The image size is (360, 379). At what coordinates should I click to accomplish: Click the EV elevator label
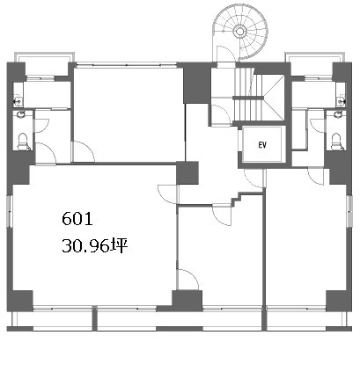[262, 145]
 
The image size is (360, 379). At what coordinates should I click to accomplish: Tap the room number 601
[77, 219]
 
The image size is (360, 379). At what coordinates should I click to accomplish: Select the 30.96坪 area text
[94, 245]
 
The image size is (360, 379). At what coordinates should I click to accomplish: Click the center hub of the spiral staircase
[239, 31]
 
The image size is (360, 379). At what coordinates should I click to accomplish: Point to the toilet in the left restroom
[22, 142]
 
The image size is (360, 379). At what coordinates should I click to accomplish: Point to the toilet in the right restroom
[336, 142]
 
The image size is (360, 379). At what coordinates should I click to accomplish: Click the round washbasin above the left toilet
[21, 113]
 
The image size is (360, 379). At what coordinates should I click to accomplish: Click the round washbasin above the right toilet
[338, 113]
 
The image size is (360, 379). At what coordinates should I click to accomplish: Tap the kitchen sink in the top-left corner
[18, 101]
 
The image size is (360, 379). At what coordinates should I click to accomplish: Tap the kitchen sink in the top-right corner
[341, 101]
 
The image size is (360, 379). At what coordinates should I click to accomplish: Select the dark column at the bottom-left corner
[20, 301]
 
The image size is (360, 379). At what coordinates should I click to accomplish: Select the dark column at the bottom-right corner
[339, 301]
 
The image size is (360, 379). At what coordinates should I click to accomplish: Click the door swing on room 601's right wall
[167, 194]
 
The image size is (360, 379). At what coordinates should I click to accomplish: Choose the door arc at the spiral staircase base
[225, 55]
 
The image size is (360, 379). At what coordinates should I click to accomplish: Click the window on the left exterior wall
[10, 210]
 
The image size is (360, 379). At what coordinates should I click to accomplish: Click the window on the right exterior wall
[349, 210]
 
